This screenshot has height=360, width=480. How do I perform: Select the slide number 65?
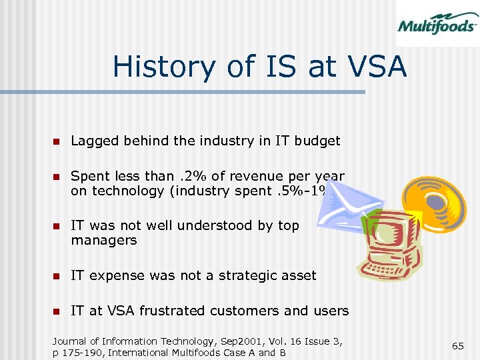[x=458, y=345]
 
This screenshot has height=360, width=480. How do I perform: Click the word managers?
[x=103, y=240]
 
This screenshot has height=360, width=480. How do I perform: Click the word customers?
[x=242, y=311]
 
